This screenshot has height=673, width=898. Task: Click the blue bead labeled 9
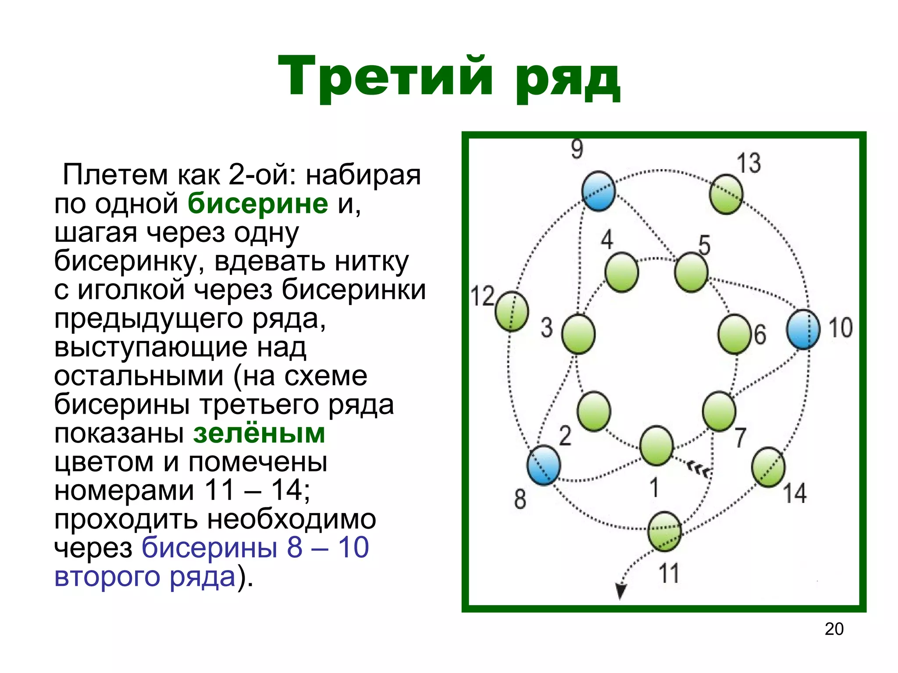click(x=599, y=191)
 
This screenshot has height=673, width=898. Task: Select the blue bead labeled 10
click(x=803, y=329)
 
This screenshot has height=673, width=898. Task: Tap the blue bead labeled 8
click(x=544, y=465)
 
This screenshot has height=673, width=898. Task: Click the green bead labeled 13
click(x=726, y=194)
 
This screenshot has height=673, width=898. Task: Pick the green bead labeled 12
click(x=512, y=311)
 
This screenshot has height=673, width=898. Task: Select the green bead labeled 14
click(x=768, y=467)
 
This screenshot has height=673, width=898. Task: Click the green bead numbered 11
click(x=665, y=531)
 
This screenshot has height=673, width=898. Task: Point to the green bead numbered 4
click(x=621, y=272)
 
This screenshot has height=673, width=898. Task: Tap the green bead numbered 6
click(x=734, y=334)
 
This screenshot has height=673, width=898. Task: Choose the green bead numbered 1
click(x=656, y=445)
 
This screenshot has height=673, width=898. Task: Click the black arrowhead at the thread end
click(x=620, y=592)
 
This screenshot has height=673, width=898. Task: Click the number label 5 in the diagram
click(x=704, y=245)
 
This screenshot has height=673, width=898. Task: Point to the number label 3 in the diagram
click(x=546, y=327)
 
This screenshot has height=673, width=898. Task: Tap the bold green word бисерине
click(x=258, y=203)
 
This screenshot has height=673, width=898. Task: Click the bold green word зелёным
click(x=259, y=433)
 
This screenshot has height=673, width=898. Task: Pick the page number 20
click(x=834, y=629)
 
